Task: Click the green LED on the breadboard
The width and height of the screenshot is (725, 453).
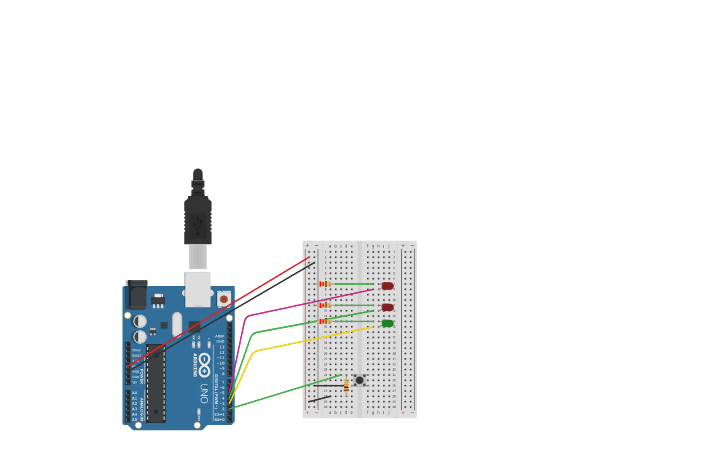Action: point(387,323)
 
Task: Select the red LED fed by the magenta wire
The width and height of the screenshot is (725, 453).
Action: point(387,286)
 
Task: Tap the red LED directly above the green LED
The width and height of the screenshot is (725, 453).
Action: point(387,307)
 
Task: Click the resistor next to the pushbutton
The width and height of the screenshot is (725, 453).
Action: point(346,385)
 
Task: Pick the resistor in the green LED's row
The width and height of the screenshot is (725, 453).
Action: point(324,321)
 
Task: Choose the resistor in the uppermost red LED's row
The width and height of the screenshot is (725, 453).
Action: point(324,284)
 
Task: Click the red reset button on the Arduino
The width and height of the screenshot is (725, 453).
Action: point(223,298)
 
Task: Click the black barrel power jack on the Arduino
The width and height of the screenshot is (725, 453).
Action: point(137,295)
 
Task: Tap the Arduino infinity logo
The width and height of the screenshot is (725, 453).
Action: point(204,364)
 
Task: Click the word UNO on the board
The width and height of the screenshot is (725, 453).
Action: point(204,391)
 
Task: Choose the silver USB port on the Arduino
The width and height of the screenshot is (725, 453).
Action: point(198,288)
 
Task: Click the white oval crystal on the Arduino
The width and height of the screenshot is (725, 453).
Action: point(177,324)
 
